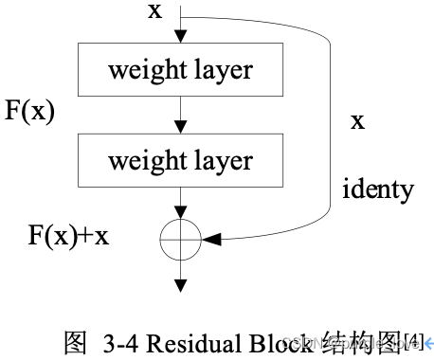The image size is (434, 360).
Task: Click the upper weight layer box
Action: pos(181,70)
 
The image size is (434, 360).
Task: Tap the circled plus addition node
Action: pos(181,242)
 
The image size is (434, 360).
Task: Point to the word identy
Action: pos(377,189)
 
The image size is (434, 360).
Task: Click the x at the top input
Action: pos(154,11)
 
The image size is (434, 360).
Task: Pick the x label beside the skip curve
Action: pos(357,121)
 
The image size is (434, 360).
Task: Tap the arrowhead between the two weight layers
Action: pos(181,126)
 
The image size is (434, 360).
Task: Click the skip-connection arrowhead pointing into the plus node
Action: pos(213,242)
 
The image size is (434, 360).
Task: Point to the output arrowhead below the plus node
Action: pos(181,283)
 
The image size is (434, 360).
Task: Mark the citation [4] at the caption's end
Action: pos(415,339)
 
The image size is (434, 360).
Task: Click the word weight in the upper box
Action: pos(145,70)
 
